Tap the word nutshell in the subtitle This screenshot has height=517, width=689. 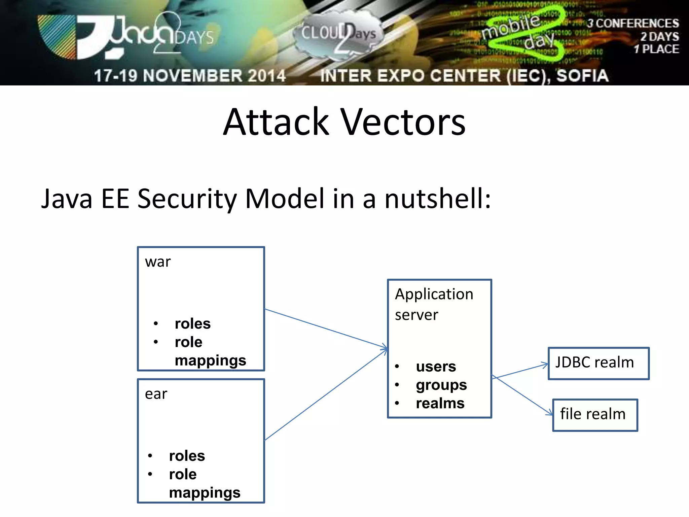[x=437, y=199]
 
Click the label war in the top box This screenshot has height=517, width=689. [x=158, y=262]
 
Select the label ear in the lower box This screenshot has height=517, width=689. [x=156, y=394]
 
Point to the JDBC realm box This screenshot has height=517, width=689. [x=598, y=363]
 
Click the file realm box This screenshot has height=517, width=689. [x=595, y=414]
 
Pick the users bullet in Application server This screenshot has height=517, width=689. [x=436, y=367]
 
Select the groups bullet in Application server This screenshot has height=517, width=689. [x=441, y=385]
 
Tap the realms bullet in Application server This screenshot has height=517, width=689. [x=440, y=403]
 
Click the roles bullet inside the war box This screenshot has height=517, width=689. [x=192, y=324]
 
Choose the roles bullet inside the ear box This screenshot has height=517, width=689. [x=187, y=456]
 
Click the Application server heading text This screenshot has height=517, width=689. [x=434, y=304]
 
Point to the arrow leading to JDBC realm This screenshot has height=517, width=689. [x=520, y=371]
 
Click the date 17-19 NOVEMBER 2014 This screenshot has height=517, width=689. [x=190, y=76]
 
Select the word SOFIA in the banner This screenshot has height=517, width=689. [x=582, y=76]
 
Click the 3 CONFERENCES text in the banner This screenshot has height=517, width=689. [x=633, y=24]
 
